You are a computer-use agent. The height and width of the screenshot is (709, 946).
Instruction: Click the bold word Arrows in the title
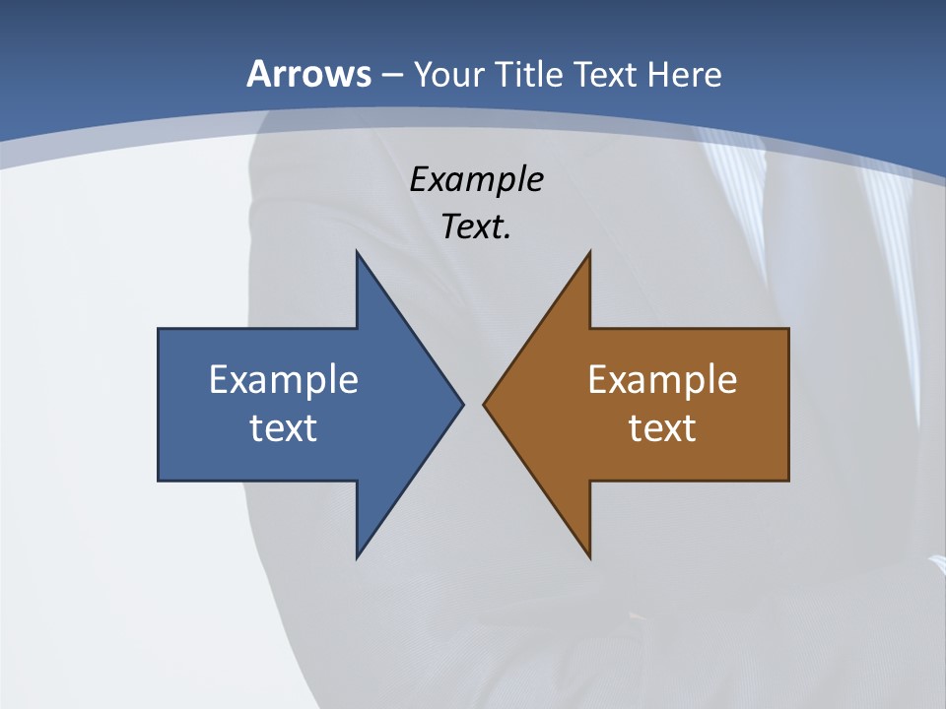coord(309,74)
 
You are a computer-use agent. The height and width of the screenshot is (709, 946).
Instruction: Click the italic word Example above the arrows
coord(476,180)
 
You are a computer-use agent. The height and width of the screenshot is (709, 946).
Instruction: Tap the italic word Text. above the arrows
coord(476,226)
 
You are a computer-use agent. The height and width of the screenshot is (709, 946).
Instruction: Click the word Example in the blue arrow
coord(284,379)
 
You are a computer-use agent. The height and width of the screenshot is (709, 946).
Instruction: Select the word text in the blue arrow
coord(284,427)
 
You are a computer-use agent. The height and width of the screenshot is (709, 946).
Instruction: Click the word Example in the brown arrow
coord(662,379)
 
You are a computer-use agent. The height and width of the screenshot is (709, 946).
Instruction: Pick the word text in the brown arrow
coord(662,427)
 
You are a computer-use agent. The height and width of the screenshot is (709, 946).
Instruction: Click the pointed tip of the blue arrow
coord(462,404)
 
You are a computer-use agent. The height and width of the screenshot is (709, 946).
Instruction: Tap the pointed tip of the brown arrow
coord(484,404)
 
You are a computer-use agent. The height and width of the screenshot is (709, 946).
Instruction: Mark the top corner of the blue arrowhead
coord(358,253)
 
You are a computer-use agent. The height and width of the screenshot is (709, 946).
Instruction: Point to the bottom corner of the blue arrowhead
coord(358,557)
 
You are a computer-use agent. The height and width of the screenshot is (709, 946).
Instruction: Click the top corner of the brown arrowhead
coord(589,253)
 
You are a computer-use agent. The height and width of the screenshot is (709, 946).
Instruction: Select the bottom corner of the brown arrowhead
coord(589,557)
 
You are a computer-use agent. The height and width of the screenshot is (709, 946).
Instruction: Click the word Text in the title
coord(606,74)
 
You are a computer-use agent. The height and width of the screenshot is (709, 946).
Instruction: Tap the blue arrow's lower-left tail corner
coord(160,480)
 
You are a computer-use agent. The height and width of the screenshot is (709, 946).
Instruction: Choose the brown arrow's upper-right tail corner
coord(787,330)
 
